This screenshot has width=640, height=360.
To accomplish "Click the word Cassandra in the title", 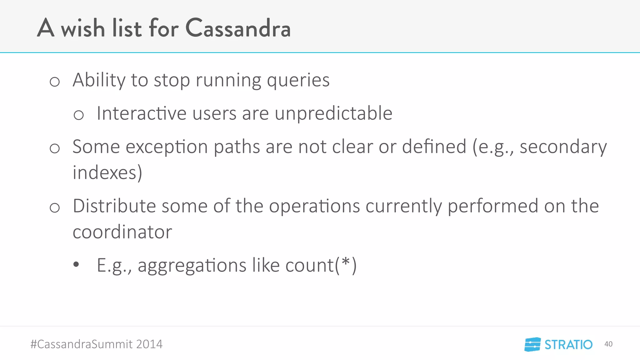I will (238, 28).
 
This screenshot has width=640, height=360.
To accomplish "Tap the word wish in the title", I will (83, 28).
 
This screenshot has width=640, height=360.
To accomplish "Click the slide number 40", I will (608, 344).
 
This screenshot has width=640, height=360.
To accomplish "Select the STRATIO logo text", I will (568, 345).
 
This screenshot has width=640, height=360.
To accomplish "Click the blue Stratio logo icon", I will (532, 344).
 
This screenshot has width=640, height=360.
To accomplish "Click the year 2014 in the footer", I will (149, 344).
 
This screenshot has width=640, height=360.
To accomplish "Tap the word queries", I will (298, 81).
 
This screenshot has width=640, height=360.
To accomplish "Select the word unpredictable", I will (333, 113).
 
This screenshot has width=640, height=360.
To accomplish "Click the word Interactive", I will (142, 113).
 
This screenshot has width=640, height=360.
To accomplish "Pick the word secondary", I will (563, 147).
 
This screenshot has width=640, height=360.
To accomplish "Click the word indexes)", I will (107, 172).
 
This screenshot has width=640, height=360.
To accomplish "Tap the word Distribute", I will (114, 206).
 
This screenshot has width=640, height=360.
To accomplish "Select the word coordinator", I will (122, 232).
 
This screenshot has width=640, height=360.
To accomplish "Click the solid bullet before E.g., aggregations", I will (76, 265).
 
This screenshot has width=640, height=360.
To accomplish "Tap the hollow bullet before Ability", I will (55, 82).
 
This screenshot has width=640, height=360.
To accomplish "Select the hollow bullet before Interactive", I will (78, 115).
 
